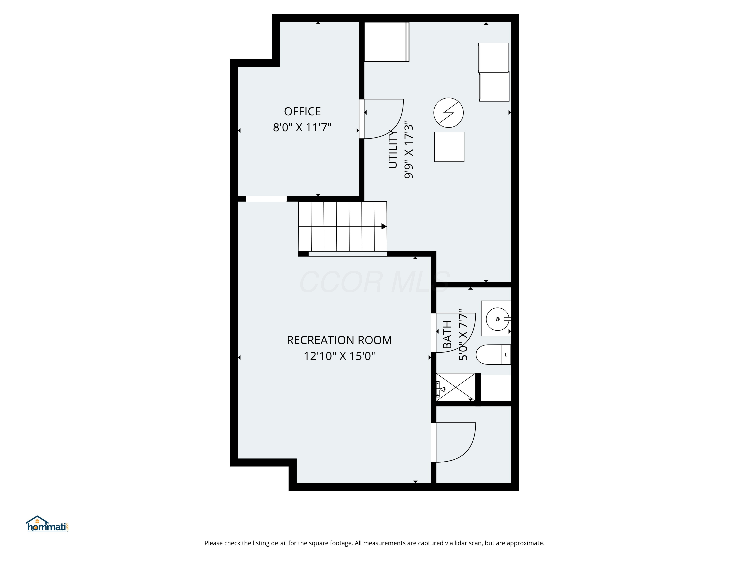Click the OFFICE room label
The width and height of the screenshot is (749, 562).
(x=302, y=111)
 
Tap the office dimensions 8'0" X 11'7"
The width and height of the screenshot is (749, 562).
(x=302, y=128)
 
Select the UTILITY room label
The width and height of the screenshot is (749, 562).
(x=393, y=149)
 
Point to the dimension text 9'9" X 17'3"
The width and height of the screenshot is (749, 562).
(x=409, y=151)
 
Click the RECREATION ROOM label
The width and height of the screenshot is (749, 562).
(x=339, y=340)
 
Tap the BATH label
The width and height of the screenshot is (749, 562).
(x=447, y=335)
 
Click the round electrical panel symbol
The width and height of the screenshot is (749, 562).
(x=448, y=113)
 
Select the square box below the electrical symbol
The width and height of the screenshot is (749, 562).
(x=449, y=147)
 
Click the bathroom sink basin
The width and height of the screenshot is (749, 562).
(x=497, y=319)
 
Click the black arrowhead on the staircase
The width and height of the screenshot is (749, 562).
(x=384, y=226)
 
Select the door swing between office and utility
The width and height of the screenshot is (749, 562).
(x=383, y=119)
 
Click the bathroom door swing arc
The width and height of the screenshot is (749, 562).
(x=455, y=334)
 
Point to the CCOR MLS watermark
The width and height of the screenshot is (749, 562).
(x=374, y=282)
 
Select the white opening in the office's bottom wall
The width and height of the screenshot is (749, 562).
(x=266, y=199)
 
